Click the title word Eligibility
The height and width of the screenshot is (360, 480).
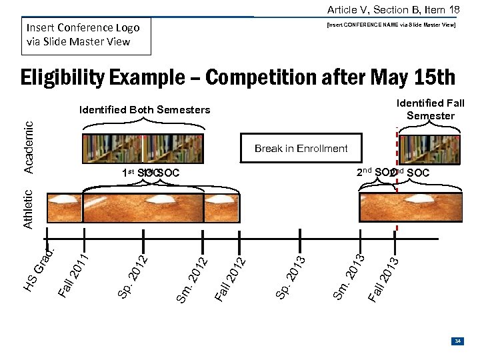(x=62, y=77)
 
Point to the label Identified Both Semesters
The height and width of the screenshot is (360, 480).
(x=145, y=109)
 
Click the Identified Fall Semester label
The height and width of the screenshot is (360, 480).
(x=431, y=109)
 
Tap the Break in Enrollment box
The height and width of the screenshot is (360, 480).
(x=301, y=148)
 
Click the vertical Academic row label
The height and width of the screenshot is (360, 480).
(x=29, y=147)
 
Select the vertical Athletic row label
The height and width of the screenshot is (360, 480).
(x=29, y=209)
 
